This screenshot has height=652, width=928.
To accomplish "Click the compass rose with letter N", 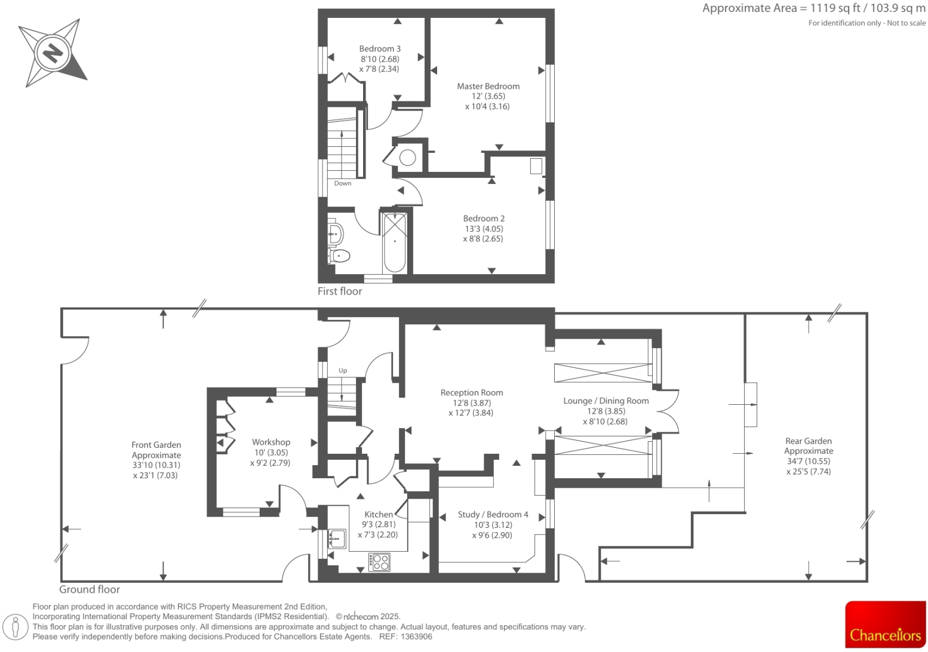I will [x=53, y=53].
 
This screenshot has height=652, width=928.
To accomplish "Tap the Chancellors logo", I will [x=885, y=625].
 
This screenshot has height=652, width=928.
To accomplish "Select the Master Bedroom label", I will [x=488, y=87].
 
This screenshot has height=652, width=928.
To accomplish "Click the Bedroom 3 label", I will [x=380, y=49].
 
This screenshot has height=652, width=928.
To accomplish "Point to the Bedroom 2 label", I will [x=484, y=219].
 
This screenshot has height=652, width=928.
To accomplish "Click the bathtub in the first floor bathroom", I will [x=395, y=242].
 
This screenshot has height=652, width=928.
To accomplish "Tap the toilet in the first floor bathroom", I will [x=340, y=256].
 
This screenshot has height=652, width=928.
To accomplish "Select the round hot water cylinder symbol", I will [x=408, y=158].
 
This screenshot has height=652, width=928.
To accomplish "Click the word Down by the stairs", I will [x=343, y=183].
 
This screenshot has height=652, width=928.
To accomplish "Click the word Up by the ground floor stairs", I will [x=343, y=371].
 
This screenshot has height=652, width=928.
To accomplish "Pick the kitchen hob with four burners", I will [x=380, y=562].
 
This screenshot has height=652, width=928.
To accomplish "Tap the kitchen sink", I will [x=337, y=539].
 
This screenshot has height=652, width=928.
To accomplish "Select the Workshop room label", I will [x=271, y=442].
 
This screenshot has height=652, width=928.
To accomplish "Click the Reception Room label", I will [x=472, y=393].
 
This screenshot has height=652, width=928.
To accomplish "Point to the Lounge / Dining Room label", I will [x=606, y=401].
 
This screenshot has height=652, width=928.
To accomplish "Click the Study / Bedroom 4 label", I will [x=493, y=515].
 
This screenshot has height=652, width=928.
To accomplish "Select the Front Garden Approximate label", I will [x=156, y=450].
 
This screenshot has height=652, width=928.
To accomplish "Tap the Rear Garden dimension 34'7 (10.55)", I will [x=809, y=462].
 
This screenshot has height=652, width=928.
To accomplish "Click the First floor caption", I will [x=340, y=291].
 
